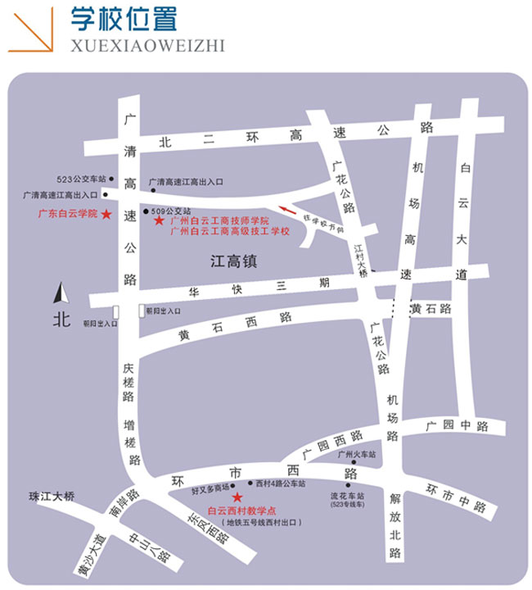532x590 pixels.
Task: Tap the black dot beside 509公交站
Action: tap(146, 211)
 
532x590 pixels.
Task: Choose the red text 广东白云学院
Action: tap(68, 213)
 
